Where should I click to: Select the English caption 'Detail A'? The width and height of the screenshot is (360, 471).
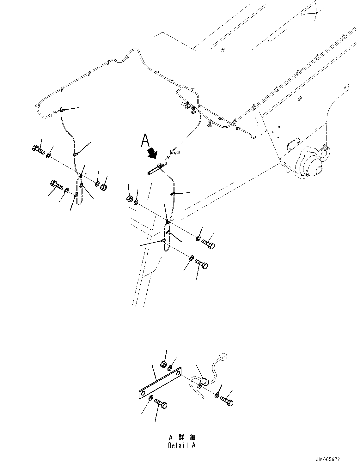tap(182, 445)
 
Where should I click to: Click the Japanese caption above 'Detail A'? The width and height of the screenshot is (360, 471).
tap(182, 438)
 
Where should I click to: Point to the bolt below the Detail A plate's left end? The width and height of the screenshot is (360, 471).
tap(161, 403)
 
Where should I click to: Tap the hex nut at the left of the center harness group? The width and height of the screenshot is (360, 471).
tap(129, 199)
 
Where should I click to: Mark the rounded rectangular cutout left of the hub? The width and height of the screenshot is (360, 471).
tap(292, 144)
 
